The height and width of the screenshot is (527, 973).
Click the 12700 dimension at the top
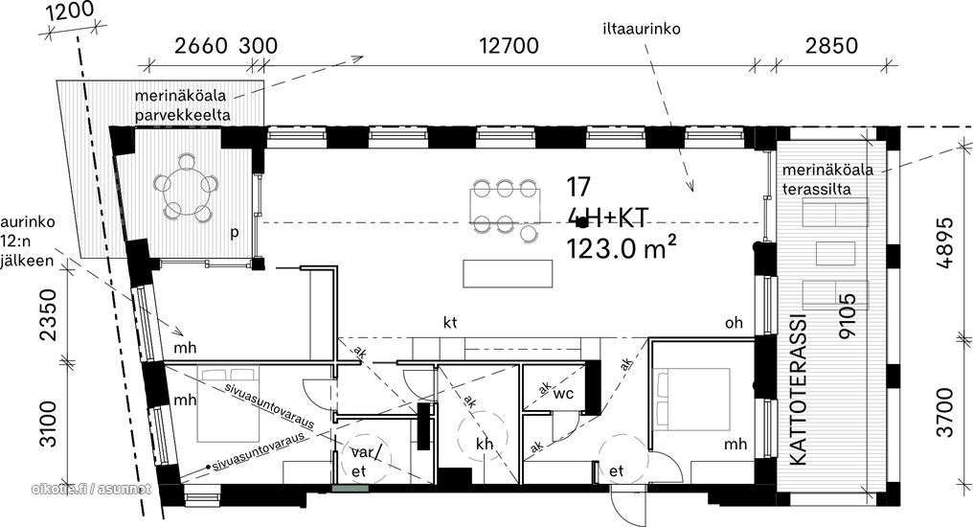[509, 45]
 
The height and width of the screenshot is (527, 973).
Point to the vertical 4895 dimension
[945, 242]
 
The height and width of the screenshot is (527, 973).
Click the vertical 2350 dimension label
[49, 314]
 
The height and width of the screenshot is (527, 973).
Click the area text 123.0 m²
[621, 248]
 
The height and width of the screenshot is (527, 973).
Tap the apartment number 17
[578, 186]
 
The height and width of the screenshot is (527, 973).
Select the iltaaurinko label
[641, 29]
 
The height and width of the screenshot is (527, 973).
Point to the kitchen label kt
[450, 322]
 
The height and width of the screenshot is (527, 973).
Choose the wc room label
[563, 394]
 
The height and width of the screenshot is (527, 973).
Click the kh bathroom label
[485, 444]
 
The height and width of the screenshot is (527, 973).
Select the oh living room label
[734, 323]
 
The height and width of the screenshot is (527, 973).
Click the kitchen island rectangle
[508, 274]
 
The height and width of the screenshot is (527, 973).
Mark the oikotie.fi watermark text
[91, 489]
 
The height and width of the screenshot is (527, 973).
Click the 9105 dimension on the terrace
[846, 316]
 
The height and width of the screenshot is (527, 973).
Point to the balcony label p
[234, 234]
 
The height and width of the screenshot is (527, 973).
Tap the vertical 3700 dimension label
[945, 412]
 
